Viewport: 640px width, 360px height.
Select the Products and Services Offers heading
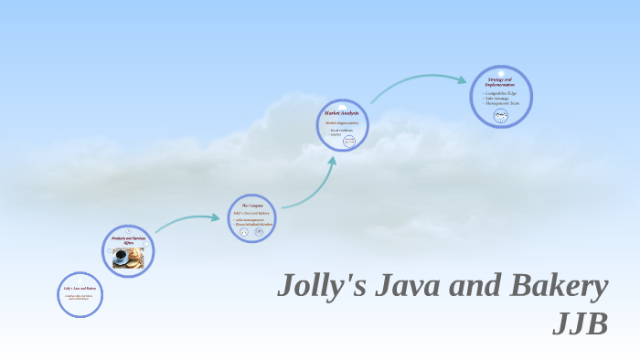(128, 240)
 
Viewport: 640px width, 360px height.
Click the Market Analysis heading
(342, 112)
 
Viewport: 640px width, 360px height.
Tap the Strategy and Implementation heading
(501, 83)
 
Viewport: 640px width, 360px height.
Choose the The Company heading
(251, 206)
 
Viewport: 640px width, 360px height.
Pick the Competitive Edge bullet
(501, 93)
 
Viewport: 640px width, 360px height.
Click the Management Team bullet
(501, 103)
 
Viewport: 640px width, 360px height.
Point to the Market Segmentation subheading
(342, 122)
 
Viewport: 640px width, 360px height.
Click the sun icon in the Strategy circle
(501, 73)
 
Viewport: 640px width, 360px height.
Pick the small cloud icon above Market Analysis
(342, 106)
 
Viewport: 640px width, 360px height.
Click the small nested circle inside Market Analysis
(348, 142)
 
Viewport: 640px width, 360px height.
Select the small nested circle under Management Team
(501, 115)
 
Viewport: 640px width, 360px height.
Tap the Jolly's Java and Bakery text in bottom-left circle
(80, 289)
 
